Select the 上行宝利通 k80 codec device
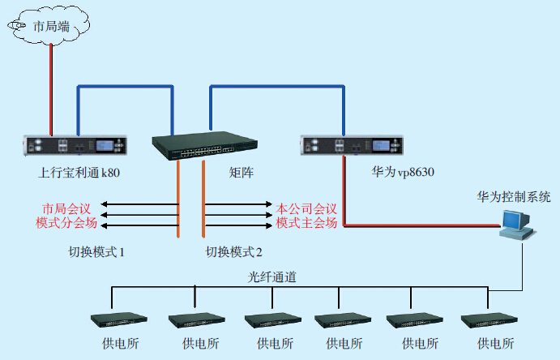76,147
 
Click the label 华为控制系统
514,196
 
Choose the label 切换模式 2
235,252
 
